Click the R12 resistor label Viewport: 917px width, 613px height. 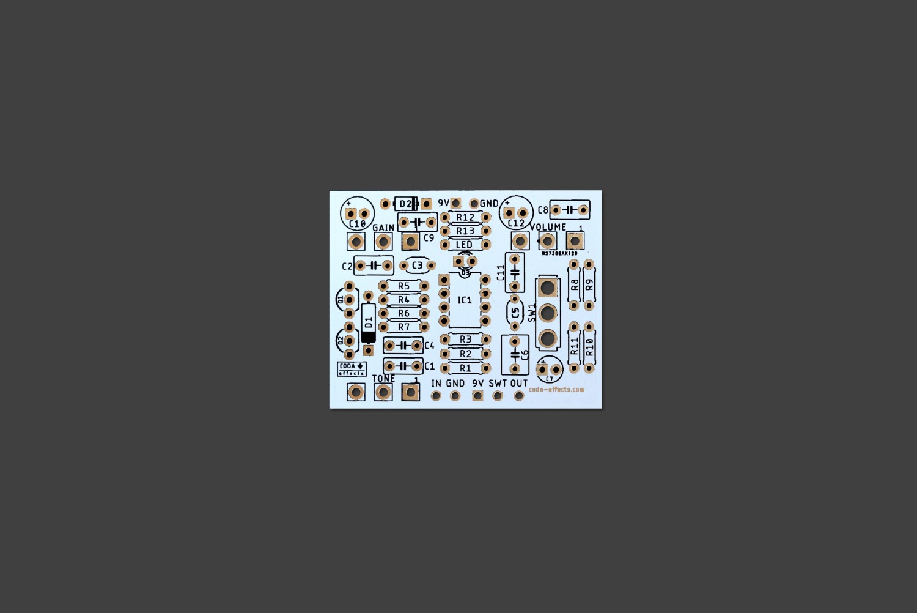click(x=465, y=217)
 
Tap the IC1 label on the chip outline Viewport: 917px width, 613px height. click(x=465, y=300)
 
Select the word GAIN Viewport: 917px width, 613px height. click(x=383, y=228)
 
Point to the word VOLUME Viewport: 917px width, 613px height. click(x=547, y=227)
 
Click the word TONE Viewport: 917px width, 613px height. click(x=383, y=379)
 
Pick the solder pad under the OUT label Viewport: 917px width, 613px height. click(x=518, y=396)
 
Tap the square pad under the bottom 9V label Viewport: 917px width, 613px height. click(x=477, y=396)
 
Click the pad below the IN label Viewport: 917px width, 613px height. click(x=436, y=396)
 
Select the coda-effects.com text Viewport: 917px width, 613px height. click(x=556, y=389)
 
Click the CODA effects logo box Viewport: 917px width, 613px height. click(x=352, y=369)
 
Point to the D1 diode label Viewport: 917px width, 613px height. click(x=368, y=322)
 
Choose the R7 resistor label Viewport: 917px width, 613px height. click(x=403, y=327)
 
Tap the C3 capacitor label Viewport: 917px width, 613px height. click(x=417, y=266)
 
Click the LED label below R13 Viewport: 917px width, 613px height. click(x=464, y=245)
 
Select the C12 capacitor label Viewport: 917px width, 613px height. click(x=516, y=223)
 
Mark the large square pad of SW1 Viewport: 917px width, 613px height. click(x=548, y=288)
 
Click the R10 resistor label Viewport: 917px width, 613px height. click(x=589, y=347)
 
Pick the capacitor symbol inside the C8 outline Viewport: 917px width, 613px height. click(x=569, y=210)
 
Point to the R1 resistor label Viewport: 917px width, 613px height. click(x=465, y=368)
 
